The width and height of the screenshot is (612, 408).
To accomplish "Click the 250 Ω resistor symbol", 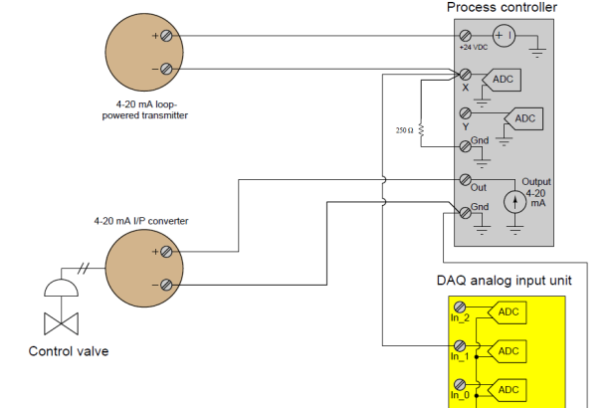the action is (421, 129).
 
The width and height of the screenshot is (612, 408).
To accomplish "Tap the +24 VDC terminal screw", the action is (465, 36).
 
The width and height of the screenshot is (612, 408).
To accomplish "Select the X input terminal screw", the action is (465, 75).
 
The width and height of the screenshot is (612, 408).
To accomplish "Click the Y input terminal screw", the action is (465, 113).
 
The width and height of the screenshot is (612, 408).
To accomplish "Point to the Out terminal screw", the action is (465, 179).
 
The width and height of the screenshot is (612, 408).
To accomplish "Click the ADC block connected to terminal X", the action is (502, 80).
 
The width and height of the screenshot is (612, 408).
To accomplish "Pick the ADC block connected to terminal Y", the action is (523, 118).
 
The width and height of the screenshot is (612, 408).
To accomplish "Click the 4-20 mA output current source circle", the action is (514, 202).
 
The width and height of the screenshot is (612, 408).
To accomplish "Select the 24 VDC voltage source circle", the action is (504, 36).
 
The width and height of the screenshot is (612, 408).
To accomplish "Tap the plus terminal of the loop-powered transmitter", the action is (166, 36).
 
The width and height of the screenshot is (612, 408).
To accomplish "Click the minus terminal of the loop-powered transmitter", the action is (166, 69).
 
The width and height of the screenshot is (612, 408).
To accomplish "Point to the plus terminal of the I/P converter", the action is (166, 252).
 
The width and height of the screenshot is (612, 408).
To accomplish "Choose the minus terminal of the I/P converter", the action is (166, 285).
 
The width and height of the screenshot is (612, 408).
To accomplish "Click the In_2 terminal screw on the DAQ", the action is (460, 306).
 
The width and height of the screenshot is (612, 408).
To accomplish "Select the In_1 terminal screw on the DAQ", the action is (460, 345).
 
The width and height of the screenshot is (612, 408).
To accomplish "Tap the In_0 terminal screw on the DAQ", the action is (460, 384).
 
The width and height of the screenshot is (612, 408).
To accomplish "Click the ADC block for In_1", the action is (507, 351).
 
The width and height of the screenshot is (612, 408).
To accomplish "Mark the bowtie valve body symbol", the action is (62, 323).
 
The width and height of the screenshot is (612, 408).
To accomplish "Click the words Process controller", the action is (502, 7).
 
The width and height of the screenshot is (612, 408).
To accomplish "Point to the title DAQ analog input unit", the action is (504, 281).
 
